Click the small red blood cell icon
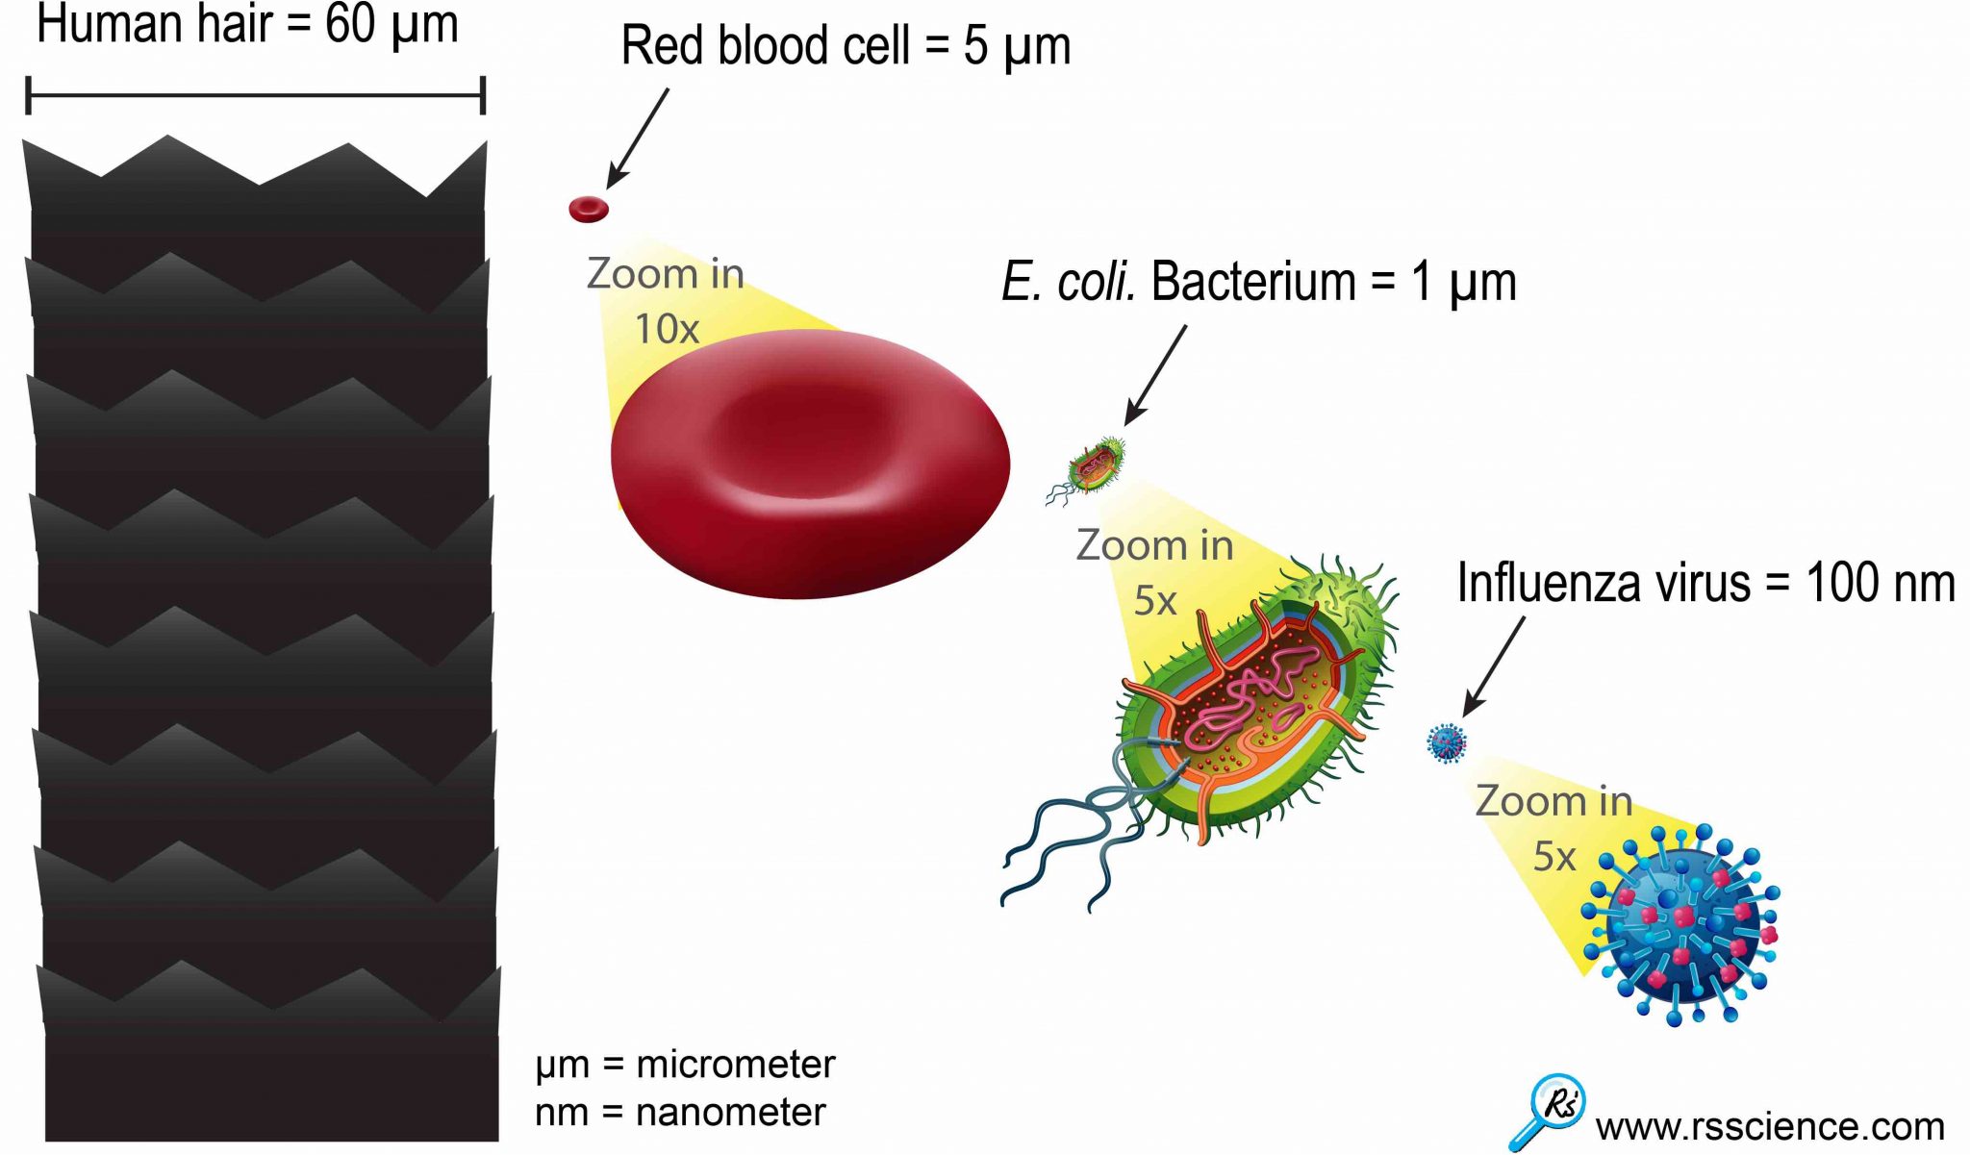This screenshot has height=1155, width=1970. tap(589, 209)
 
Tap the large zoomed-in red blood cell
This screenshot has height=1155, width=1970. tap(810, 464)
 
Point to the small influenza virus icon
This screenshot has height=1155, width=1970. tap(1447, 742)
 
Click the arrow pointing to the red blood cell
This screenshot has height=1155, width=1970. tap(637, 139)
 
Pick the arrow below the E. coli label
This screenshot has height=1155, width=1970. tap(1155, 374)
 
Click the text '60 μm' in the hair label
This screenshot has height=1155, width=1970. tap(391, 25)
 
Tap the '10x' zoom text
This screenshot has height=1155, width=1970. tap(666, 329)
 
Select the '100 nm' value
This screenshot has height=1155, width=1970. tap(1880, 583)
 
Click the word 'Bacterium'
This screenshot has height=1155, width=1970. tap(1252, 282)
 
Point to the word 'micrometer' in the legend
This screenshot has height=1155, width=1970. tap(736, 1065)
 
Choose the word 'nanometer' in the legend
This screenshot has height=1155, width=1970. tap(730, 1113)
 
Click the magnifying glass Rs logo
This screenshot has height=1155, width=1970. tap(1549, 1111)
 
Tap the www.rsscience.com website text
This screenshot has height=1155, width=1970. tap(1770, 1126)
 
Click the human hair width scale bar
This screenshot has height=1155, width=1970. tap(255, 95)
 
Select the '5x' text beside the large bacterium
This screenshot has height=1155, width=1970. tap(1154, 601)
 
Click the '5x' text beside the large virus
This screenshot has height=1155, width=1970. tap(1553, 856)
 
